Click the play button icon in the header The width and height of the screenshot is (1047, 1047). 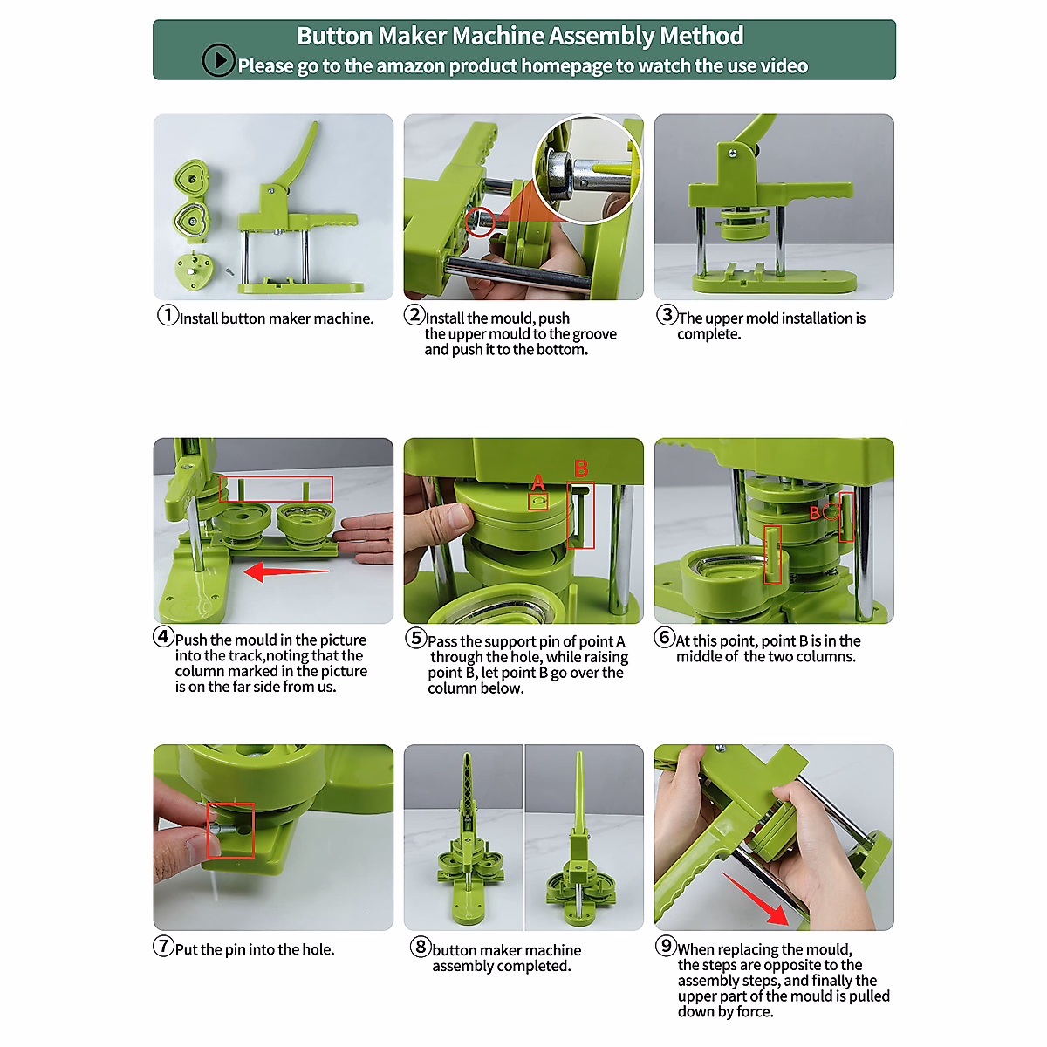(218, 60)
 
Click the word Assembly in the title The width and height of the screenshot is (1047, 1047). (602, 37)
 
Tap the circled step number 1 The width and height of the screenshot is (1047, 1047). (168, 315)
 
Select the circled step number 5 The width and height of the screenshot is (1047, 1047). (416, 637)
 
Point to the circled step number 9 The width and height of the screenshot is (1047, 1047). (666, 946)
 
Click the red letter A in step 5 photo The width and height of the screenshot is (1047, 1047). (538, 482)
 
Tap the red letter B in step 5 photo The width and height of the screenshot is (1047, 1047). (581, 468)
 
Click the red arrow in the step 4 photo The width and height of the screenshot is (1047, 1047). (286, 571)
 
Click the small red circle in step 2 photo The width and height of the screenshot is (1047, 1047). (480, 222)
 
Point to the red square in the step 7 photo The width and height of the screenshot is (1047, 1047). (230, 830)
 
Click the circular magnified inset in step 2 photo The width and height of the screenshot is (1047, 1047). (587, 169)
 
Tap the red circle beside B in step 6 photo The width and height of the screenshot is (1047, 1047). (831, 511)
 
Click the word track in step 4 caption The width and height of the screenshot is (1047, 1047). (247, 655)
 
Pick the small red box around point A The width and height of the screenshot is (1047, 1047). (538, 502)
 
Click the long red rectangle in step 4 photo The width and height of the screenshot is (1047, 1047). (276, 489)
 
